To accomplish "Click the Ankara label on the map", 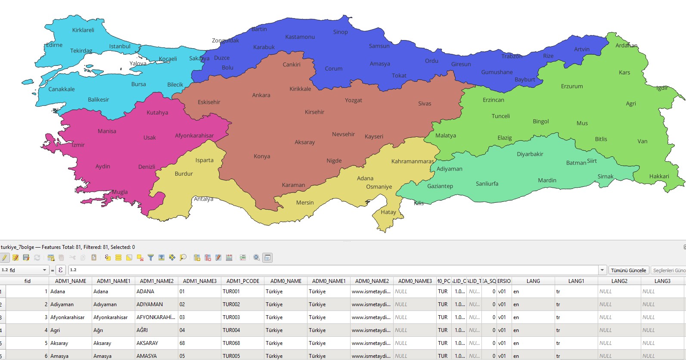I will click(261, 95).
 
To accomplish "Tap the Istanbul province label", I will click(120, 47).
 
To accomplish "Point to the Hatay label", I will click(388, 212).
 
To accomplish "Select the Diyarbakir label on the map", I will click(530, 154).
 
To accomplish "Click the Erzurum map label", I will click(571, 87).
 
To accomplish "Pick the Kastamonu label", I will click(300, 37).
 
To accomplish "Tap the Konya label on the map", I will click(262, 156).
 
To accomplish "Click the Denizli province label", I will click(146, 167).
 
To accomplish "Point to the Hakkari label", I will click(659, 177).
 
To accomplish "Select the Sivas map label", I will click(424, 104).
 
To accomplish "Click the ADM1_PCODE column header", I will click(243, 281).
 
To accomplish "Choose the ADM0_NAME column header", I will click(286, 281).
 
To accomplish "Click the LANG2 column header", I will click(619, 281).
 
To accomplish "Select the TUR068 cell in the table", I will click(231, 343).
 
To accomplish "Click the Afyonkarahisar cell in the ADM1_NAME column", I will click(68, 317).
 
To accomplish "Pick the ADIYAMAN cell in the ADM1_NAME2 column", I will click(149, 304).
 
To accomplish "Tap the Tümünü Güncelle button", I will click(628, 270).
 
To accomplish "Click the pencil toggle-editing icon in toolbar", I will click(5, 258).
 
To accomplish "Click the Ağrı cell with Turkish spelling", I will click(98, 330).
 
